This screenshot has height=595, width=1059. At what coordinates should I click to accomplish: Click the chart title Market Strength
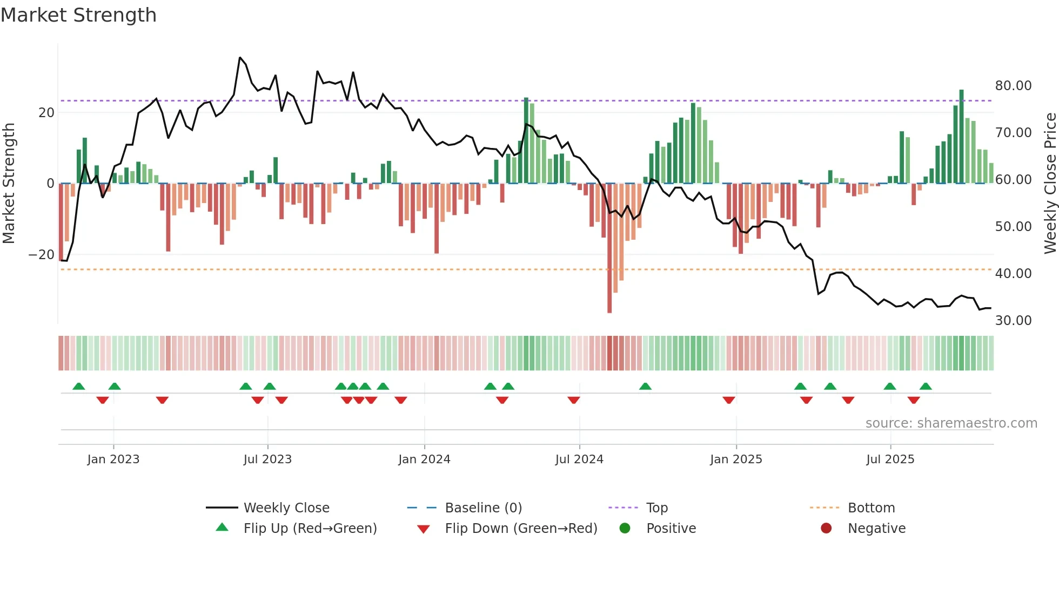coord(78,15)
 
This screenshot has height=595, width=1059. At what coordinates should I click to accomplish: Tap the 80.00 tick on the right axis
coord(1013,86)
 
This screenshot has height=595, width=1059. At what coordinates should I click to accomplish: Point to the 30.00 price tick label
coord(1013,321)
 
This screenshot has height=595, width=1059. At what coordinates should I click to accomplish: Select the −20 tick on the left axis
coord(42,255)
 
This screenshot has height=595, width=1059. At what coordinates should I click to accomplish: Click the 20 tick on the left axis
coord(46,113)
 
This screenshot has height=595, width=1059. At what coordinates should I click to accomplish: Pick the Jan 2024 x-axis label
coord(424,459)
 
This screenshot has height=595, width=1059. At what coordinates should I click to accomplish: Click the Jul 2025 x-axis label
coord(890,459)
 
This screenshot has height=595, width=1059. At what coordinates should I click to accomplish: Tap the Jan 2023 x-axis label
coord(113,459)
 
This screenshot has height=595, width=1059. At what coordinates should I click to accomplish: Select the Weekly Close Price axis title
coord(1050,183)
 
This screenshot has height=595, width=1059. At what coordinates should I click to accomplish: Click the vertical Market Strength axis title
coord(9,183)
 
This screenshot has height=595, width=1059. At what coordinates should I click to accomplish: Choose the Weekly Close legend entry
coord(286,508)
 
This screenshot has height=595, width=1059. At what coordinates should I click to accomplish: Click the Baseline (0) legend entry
coord(483,508)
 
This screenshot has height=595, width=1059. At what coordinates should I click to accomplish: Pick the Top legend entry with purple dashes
coord(657,508)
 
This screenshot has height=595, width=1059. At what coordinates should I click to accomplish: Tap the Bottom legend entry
coord(871,508)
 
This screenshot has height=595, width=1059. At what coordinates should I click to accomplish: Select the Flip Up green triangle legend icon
coord(222,528)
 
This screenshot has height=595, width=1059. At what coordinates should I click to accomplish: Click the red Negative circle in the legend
coord(826,528)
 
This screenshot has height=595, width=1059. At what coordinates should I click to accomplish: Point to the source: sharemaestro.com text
coord(951,423)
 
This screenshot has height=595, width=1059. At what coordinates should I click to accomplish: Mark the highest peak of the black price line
coord(240,58)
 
